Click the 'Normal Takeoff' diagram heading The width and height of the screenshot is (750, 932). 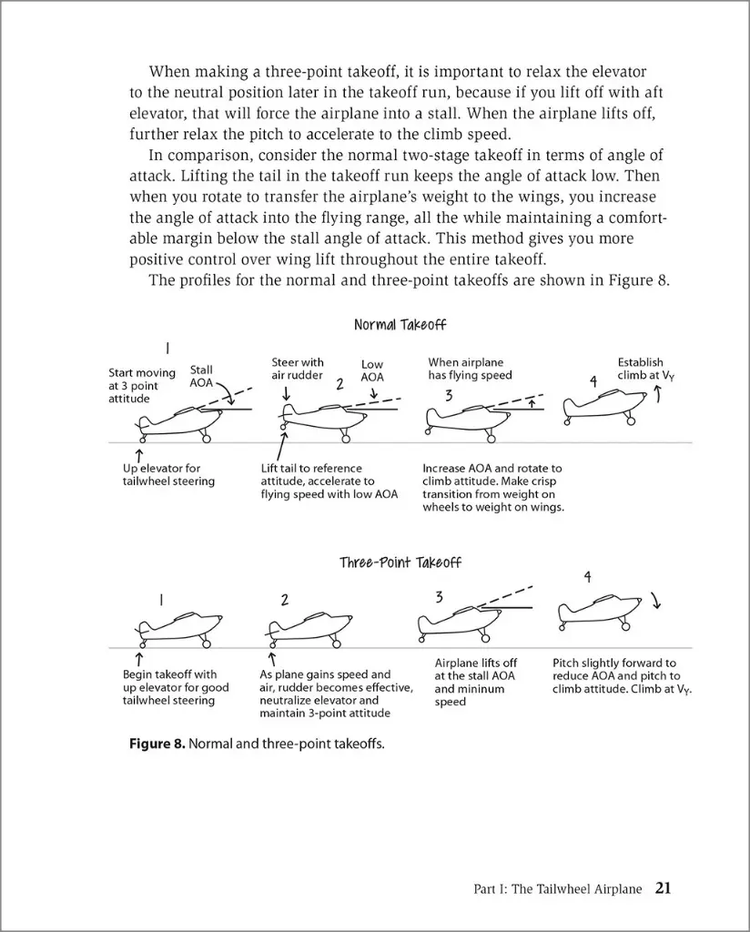coord(400,325)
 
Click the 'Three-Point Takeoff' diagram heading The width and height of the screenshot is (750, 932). coord(400,562)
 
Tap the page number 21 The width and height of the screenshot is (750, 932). coord(663,888)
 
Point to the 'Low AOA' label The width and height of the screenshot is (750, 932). coord(372,370)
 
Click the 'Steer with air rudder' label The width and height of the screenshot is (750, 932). coord(298,369)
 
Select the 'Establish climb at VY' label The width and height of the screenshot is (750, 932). coord(645,368)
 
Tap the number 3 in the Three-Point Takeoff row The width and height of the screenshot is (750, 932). coord(439,598)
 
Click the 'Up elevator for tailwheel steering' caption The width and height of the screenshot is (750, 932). coord(168,475)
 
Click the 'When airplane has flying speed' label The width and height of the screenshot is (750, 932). coord(471,369)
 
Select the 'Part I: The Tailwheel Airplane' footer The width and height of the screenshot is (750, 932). coord(558,889)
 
